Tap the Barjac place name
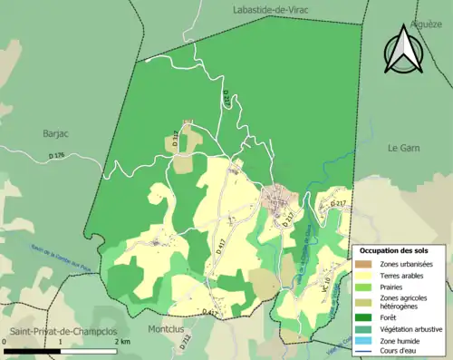(56, 133)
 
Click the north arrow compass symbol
(402, 50)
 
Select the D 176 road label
(57, 156)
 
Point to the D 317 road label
(175, 139)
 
